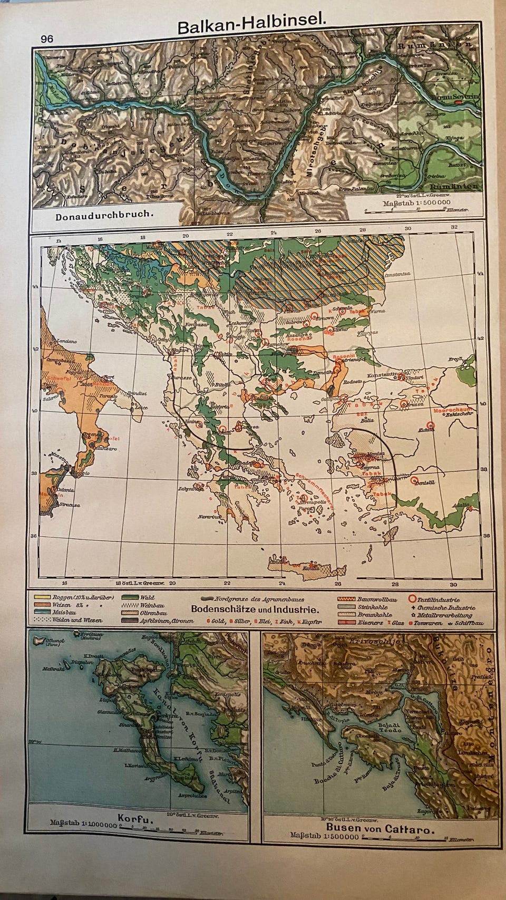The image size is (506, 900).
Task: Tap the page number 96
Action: point(46,38)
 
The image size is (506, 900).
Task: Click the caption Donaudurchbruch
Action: point(104,215)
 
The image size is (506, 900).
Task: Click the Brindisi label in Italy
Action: point(137,393)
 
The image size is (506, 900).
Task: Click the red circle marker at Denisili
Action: point(415,481)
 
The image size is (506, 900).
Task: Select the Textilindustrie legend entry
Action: point(438,599)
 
